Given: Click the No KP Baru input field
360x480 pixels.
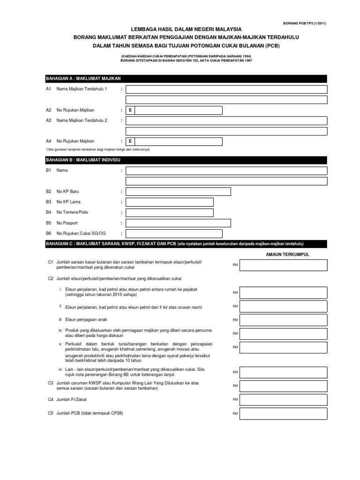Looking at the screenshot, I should (x=178, y=192).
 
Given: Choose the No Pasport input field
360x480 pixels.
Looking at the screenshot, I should (x=178, y=223).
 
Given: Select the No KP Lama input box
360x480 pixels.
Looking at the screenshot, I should (x=169, y=202).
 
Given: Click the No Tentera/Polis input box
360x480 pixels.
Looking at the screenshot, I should (x=169, y=213).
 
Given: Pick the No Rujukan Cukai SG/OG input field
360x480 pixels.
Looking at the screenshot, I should (x=174, y=233).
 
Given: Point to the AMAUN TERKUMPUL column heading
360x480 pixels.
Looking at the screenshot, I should (x=287, y=254).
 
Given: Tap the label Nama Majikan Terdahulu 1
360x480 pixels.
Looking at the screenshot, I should (x=82, y=89).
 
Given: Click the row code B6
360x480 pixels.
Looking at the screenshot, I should (x=48, y=233).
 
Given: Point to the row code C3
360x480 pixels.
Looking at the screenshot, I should (x=51, y=383).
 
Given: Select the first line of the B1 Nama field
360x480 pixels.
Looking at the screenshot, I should (x=226, y=171).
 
